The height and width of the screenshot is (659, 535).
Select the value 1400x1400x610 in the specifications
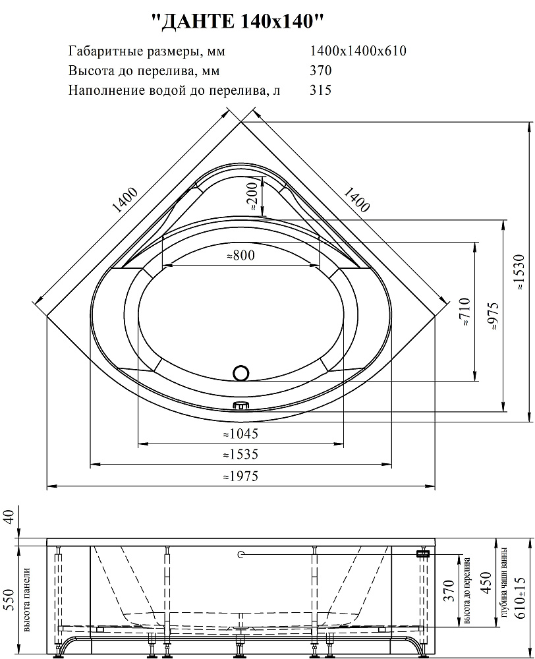point(358,51)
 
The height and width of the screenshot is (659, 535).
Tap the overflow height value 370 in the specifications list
point(321,71)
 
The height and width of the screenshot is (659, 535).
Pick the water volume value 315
point(321,90)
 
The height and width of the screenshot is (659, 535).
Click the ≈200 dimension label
point(252,196)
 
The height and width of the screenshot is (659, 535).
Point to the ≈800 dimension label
point(240,255)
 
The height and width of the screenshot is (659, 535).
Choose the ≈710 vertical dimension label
point(465,312)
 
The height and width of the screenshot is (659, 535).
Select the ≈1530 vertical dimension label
point(520,272)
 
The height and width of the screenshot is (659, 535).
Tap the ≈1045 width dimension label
point(240,434)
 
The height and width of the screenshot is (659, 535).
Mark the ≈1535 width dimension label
point(240,454)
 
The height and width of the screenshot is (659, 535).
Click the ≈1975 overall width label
point(240,476)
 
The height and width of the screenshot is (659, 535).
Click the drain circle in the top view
point(241,373)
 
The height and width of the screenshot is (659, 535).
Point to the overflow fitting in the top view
point(240,405)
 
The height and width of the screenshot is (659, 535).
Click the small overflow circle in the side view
point(240,554)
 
